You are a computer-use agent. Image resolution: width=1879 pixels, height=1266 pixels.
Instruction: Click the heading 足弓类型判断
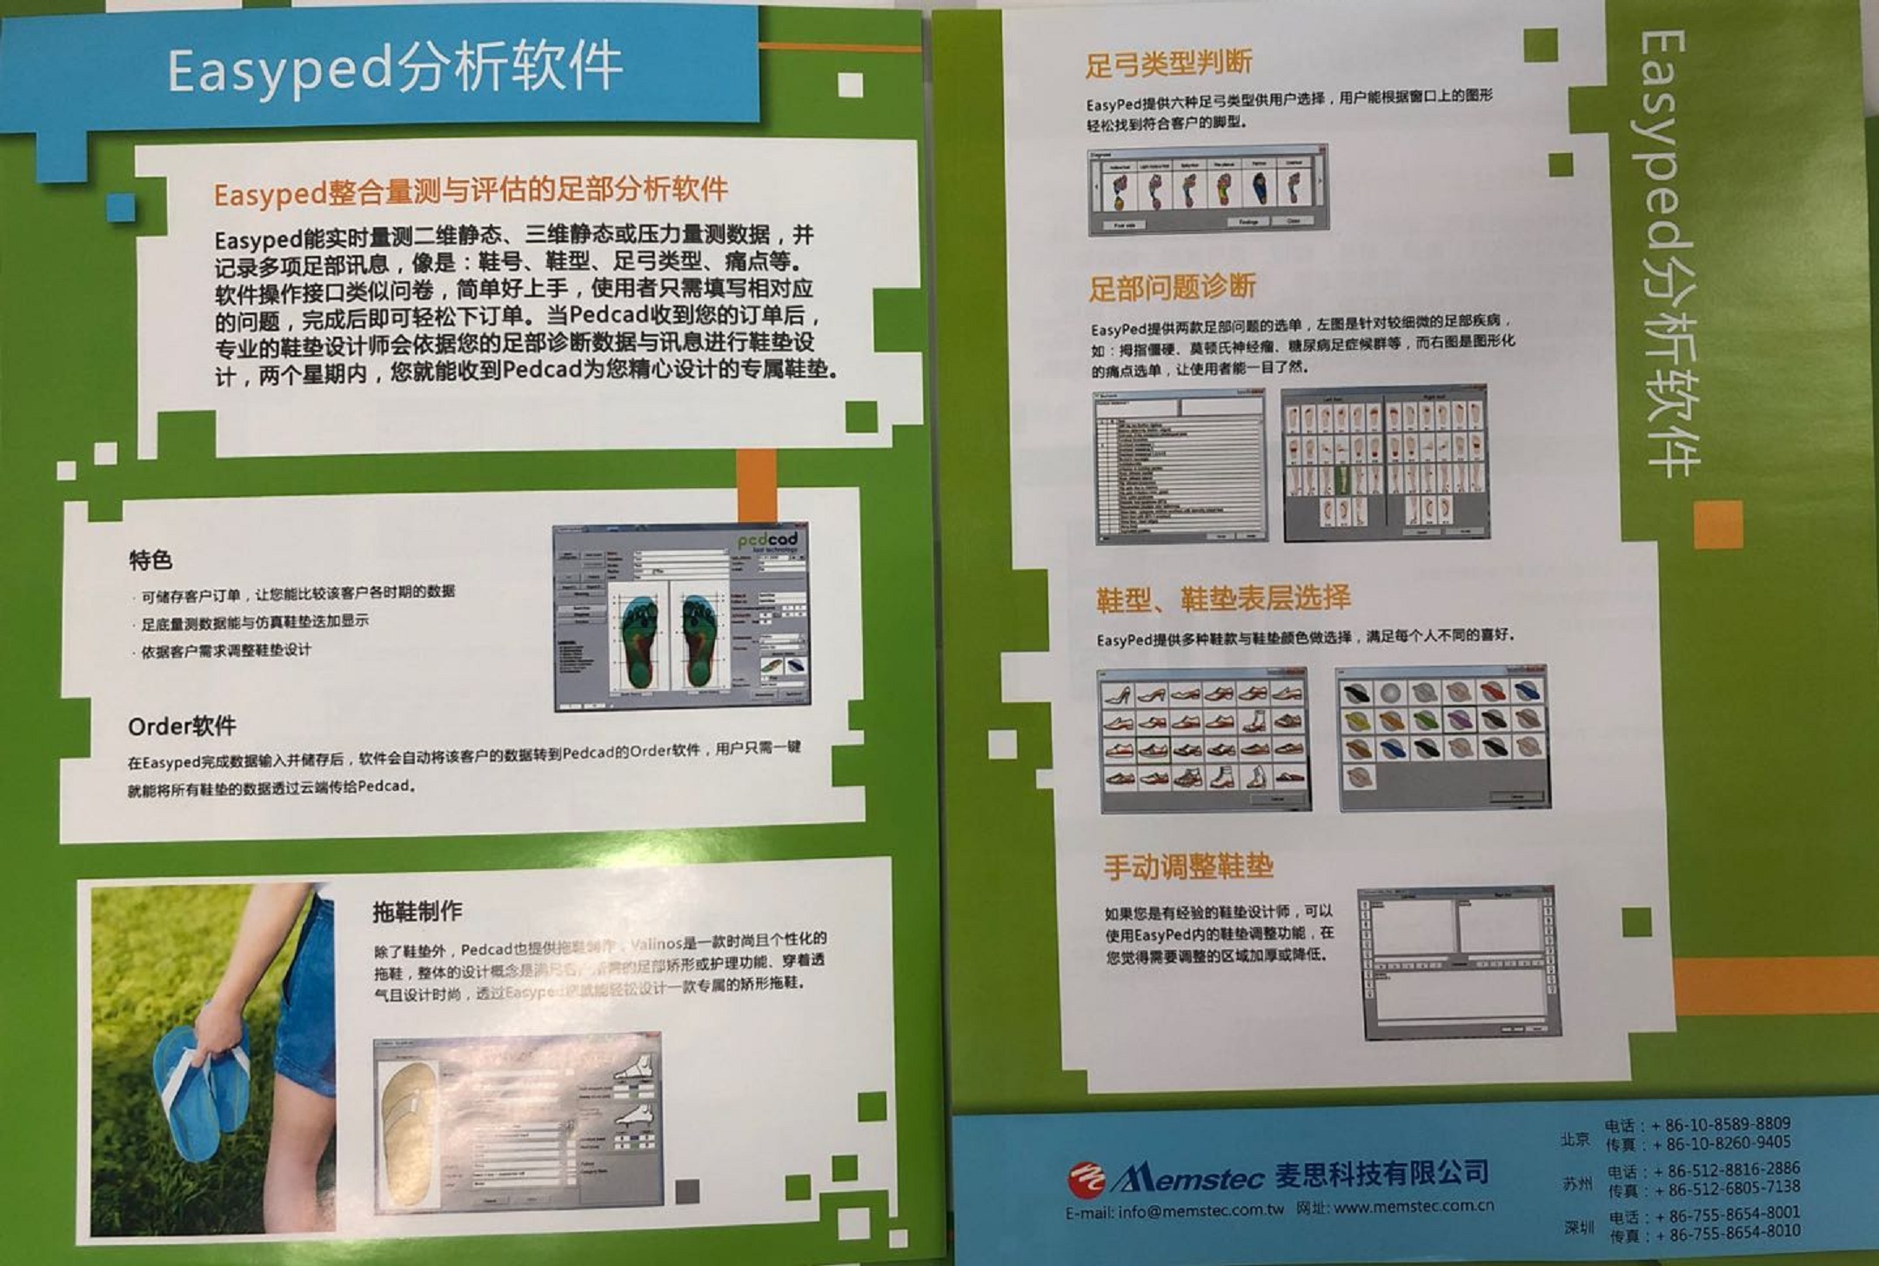click(1168, 64)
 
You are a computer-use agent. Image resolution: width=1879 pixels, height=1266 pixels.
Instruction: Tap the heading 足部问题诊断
click(1172, 287)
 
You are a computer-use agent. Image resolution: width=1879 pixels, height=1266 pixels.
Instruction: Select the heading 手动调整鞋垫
click(1188, 867)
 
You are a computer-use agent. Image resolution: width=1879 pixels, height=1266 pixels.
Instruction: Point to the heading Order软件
click(182, 727)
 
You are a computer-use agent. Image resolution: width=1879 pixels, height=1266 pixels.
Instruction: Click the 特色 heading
click(150, 560)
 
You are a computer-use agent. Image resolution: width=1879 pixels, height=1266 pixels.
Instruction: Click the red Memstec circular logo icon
click(1086, 1178)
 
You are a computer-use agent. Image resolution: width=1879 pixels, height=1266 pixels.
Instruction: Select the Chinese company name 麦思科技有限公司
click(1381, 1174)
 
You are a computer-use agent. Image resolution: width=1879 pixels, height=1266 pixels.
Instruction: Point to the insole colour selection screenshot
click(1443, 738)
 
